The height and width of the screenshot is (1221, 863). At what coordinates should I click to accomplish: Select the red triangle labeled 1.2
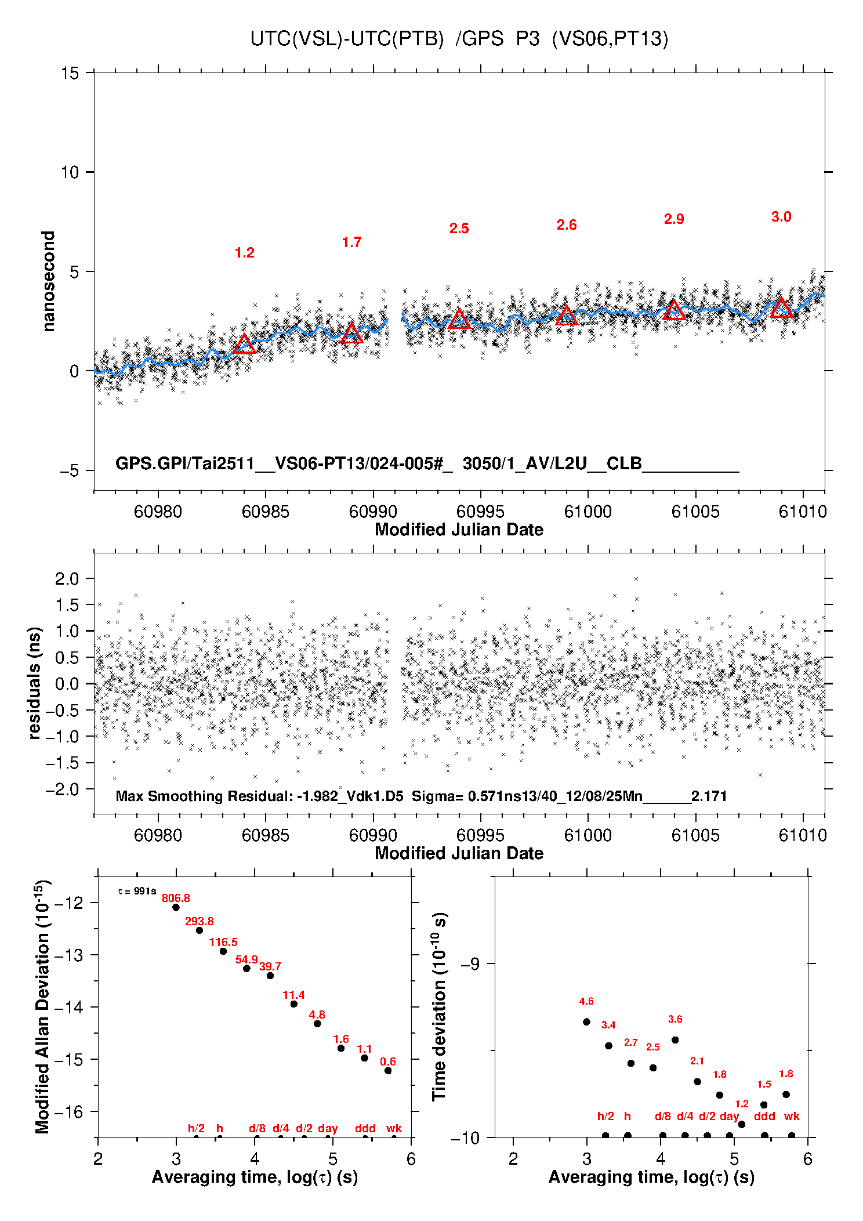[244, 345]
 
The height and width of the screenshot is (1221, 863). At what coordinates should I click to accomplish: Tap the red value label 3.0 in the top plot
[781, 217]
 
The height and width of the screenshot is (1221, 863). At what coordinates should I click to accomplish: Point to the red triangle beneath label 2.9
[674, 310]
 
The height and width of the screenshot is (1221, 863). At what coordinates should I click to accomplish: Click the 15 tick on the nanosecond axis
[70, 73]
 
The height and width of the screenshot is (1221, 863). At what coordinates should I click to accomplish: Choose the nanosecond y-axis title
[48, 281]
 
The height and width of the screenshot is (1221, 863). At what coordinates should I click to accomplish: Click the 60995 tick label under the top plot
[480, 512]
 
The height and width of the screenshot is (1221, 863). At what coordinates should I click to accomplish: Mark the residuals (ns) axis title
[35, 683]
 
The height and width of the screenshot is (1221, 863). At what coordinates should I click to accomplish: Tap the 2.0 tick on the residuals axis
[67, 578]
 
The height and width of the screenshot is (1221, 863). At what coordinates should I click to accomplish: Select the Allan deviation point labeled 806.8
[176, 907]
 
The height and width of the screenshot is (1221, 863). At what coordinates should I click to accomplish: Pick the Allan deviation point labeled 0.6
[388, 1071]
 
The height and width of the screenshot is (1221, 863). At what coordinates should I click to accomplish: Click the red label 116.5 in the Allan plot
[223, 943]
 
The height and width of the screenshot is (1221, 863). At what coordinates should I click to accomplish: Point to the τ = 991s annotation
[137, 891]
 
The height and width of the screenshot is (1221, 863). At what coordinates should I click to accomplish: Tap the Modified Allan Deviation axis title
[42, 1006]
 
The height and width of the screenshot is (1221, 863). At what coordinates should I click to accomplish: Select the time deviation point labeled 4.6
[586, 1022]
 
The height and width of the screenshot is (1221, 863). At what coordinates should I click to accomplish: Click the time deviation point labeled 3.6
[675, 1040]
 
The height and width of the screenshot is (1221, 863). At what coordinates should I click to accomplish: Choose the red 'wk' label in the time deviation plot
[792, 1116]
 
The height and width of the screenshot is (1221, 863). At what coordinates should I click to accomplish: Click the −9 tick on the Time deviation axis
[470, 964]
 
